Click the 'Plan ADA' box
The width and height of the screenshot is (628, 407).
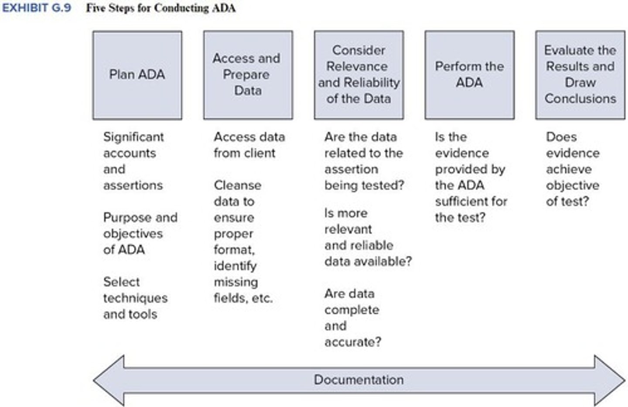tap(137, 75)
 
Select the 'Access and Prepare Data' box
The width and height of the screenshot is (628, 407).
tap(248, 75)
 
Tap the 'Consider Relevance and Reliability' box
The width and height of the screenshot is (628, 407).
tap(358, 75)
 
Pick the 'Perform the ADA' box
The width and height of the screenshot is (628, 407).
tap(469, 75)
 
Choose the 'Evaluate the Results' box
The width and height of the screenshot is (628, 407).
tap(580, 75)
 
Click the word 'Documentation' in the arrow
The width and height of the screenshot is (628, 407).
tap(358, 380)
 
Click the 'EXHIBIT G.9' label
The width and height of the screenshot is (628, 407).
tap(36, 8)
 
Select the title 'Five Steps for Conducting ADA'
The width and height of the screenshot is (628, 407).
tap(160, 8)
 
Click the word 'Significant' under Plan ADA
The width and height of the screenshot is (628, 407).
tap(133, 137)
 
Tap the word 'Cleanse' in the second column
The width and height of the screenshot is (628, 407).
tap(237, 185)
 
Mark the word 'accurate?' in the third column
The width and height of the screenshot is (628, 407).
tap(352, 342)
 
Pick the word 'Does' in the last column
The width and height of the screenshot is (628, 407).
tap(561, 137)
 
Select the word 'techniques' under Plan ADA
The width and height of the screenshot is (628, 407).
tap(135, 298)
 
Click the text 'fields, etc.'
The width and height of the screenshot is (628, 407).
tap(243, 298)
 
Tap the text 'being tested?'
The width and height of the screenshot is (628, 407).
tap(364, 185)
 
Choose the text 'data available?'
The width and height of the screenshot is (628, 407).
tap(368, 262)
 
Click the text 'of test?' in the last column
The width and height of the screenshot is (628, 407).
tap(567, 202)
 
